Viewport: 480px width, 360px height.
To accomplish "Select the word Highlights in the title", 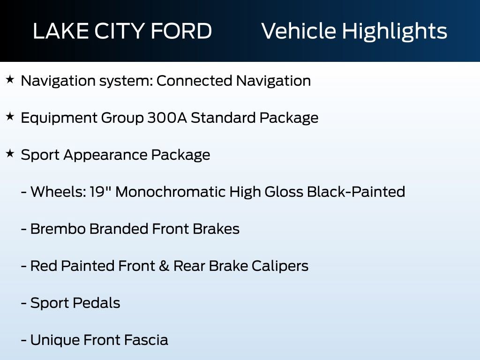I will tap(394, 31).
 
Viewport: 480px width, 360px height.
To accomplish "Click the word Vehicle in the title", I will tap(298, 31).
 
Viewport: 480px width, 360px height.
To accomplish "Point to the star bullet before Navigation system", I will tap(10, 80).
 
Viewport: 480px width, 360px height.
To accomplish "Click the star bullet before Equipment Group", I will tap(10, 117).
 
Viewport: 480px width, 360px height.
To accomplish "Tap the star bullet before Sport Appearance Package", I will tap(10, 154).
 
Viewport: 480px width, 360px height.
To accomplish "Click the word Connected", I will tap(194, 81).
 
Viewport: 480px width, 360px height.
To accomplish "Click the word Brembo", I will tap(58, 229).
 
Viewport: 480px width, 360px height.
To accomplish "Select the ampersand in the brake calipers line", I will tap(162, 266).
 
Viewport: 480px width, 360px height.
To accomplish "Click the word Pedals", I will tap(98, 303).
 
